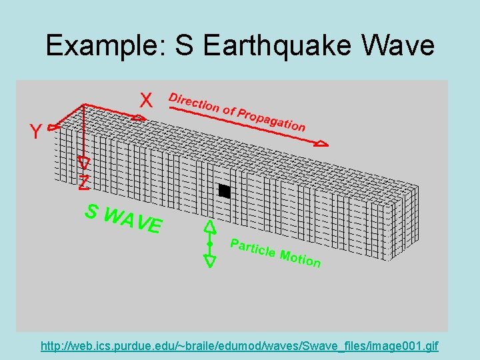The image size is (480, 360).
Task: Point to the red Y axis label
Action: pyautogui.click(x=35, y=132)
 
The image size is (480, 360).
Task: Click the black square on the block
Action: pyautogui.click(x=224, y=191)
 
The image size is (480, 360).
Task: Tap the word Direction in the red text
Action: pyautogui.click(x=193, y=102)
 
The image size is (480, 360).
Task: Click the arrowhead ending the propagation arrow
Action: pyautogui.click(x=321, y=143)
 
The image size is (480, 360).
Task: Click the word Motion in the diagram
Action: pyautogui.click(x=301, y=258)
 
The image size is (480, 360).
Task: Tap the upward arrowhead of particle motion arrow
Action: pyautogui.click(x=210, y=227)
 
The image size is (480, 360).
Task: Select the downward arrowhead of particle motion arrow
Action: pyautogui.click(x=210, y=261)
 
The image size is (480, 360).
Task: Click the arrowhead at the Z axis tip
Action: pyautogui.click(x=84, y=163)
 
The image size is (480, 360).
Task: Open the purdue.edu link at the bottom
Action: pyautogui.click(x=239, y=347)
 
